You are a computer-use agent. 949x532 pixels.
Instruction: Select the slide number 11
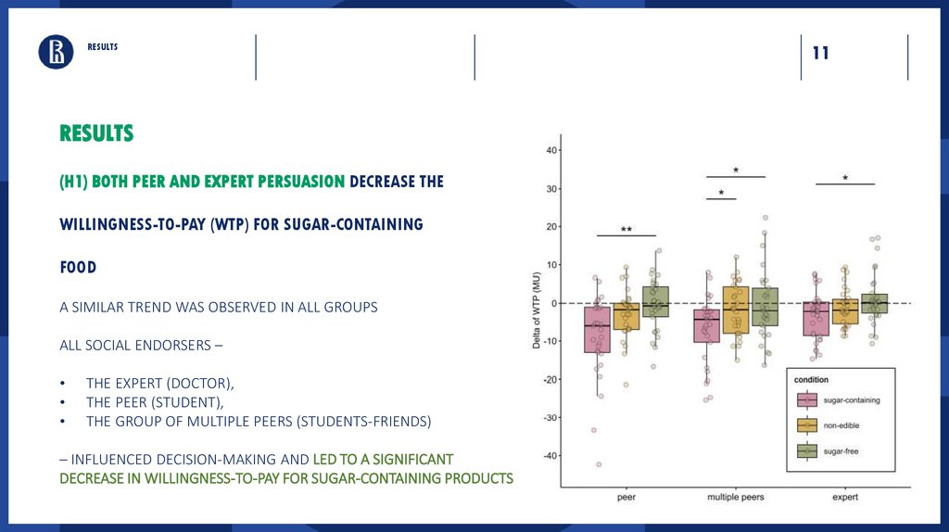820,54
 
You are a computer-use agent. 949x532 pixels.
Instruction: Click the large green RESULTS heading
96,133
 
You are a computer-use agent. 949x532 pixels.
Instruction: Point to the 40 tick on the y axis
550,150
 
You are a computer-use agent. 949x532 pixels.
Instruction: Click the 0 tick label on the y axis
553,303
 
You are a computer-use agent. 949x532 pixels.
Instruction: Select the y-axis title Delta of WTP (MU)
537,310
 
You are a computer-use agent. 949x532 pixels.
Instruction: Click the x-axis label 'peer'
626,498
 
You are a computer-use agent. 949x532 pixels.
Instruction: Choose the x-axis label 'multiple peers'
736,498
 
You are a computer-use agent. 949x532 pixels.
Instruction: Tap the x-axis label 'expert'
844,498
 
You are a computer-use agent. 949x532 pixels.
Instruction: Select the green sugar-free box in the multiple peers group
765,307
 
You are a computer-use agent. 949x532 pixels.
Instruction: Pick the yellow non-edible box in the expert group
844,311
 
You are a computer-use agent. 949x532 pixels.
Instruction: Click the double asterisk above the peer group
626,230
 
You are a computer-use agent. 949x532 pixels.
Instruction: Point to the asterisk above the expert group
845,179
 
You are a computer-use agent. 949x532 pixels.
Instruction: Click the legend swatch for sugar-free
807,451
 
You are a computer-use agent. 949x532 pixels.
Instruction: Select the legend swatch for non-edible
807,425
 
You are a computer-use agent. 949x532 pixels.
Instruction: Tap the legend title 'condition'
811,379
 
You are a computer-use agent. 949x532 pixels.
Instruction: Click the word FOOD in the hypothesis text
78,267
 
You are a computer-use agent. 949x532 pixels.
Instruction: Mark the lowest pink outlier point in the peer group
598,463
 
